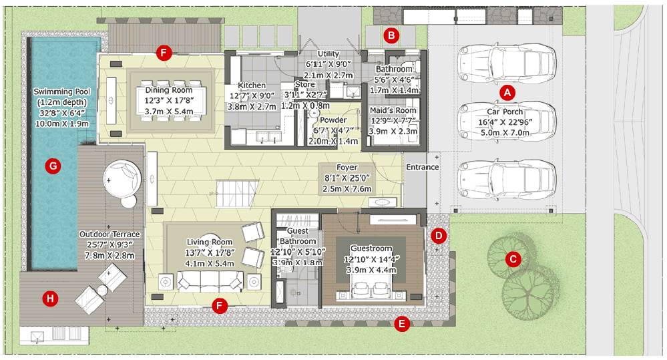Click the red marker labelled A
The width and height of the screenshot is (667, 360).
tap(507, 92)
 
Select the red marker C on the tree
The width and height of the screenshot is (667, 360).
tap(513, 258)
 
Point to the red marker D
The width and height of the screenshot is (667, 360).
tap(438, 235)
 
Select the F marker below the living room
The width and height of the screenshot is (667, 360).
tap(218, 305)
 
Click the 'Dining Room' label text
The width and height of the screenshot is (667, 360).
tap(169, 90)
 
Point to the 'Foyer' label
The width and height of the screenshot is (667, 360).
tap(347, 168)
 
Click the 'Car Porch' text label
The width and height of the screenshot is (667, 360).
tap(505, 112)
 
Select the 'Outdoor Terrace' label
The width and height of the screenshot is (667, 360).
tap(109, 234)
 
